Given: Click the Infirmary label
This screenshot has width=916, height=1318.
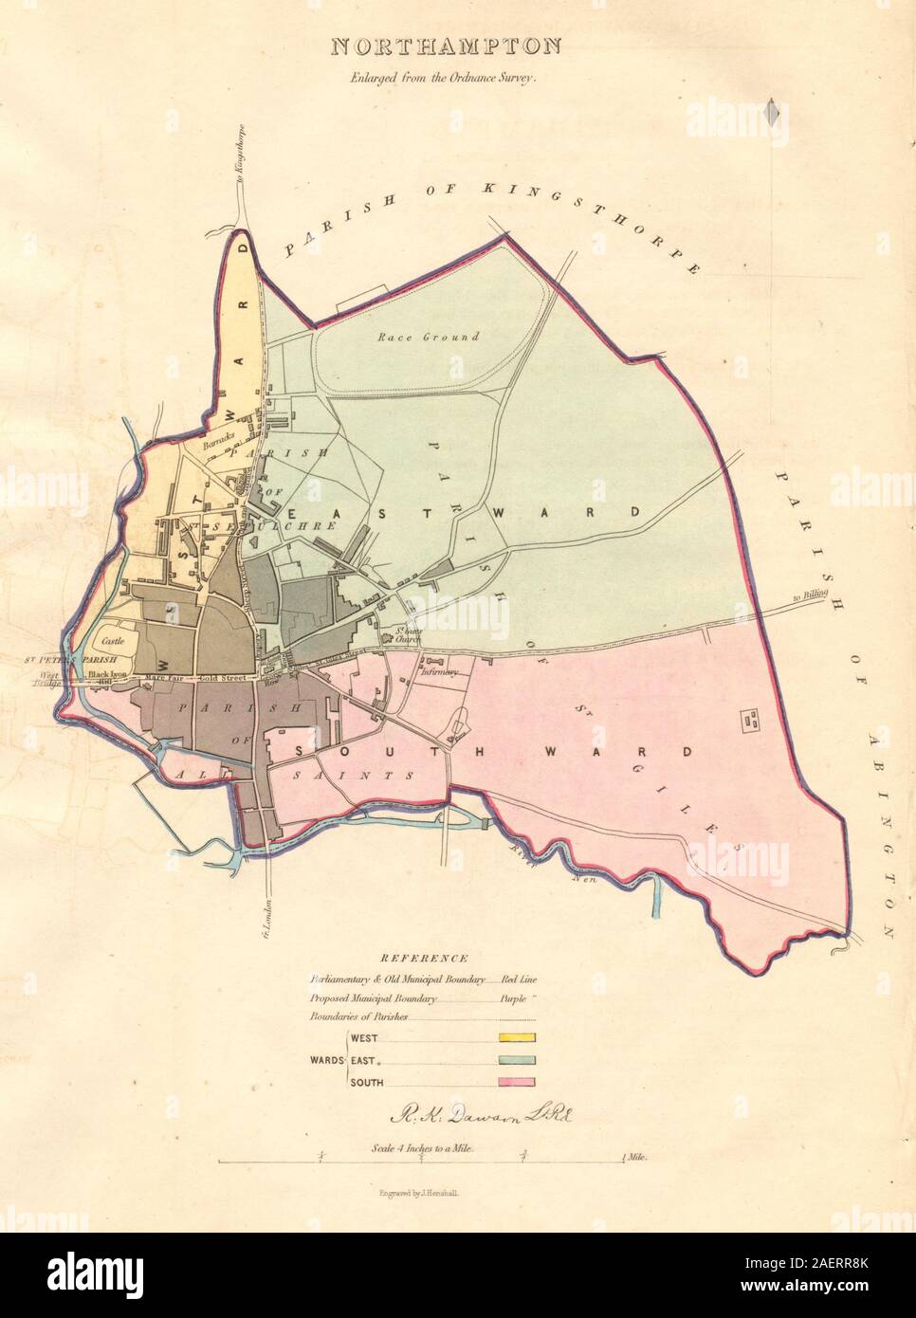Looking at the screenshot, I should [442, 673].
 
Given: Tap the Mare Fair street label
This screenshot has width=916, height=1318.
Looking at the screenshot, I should [162, 679].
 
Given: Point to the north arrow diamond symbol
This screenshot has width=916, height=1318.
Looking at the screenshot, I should [773, 114].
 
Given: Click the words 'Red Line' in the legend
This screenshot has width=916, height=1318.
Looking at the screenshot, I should [519, 978].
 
